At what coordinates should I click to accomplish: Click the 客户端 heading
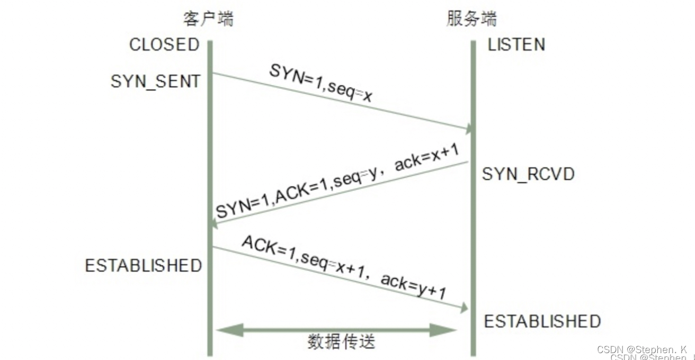208,19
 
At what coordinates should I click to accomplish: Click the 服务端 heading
471,19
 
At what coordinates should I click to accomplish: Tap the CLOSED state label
164,44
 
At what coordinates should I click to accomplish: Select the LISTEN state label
516,44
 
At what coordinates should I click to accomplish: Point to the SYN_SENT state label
156,82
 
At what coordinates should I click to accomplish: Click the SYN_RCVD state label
528,174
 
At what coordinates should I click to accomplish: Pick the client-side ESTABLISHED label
144,265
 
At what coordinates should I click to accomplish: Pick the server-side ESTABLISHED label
542,321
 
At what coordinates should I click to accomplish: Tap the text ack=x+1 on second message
427,156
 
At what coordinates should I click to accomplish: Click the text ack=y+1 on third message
414,287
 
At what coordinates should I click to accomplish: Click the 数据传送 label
341,342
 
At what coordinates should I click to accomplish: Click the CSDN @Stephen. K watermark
641,350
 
